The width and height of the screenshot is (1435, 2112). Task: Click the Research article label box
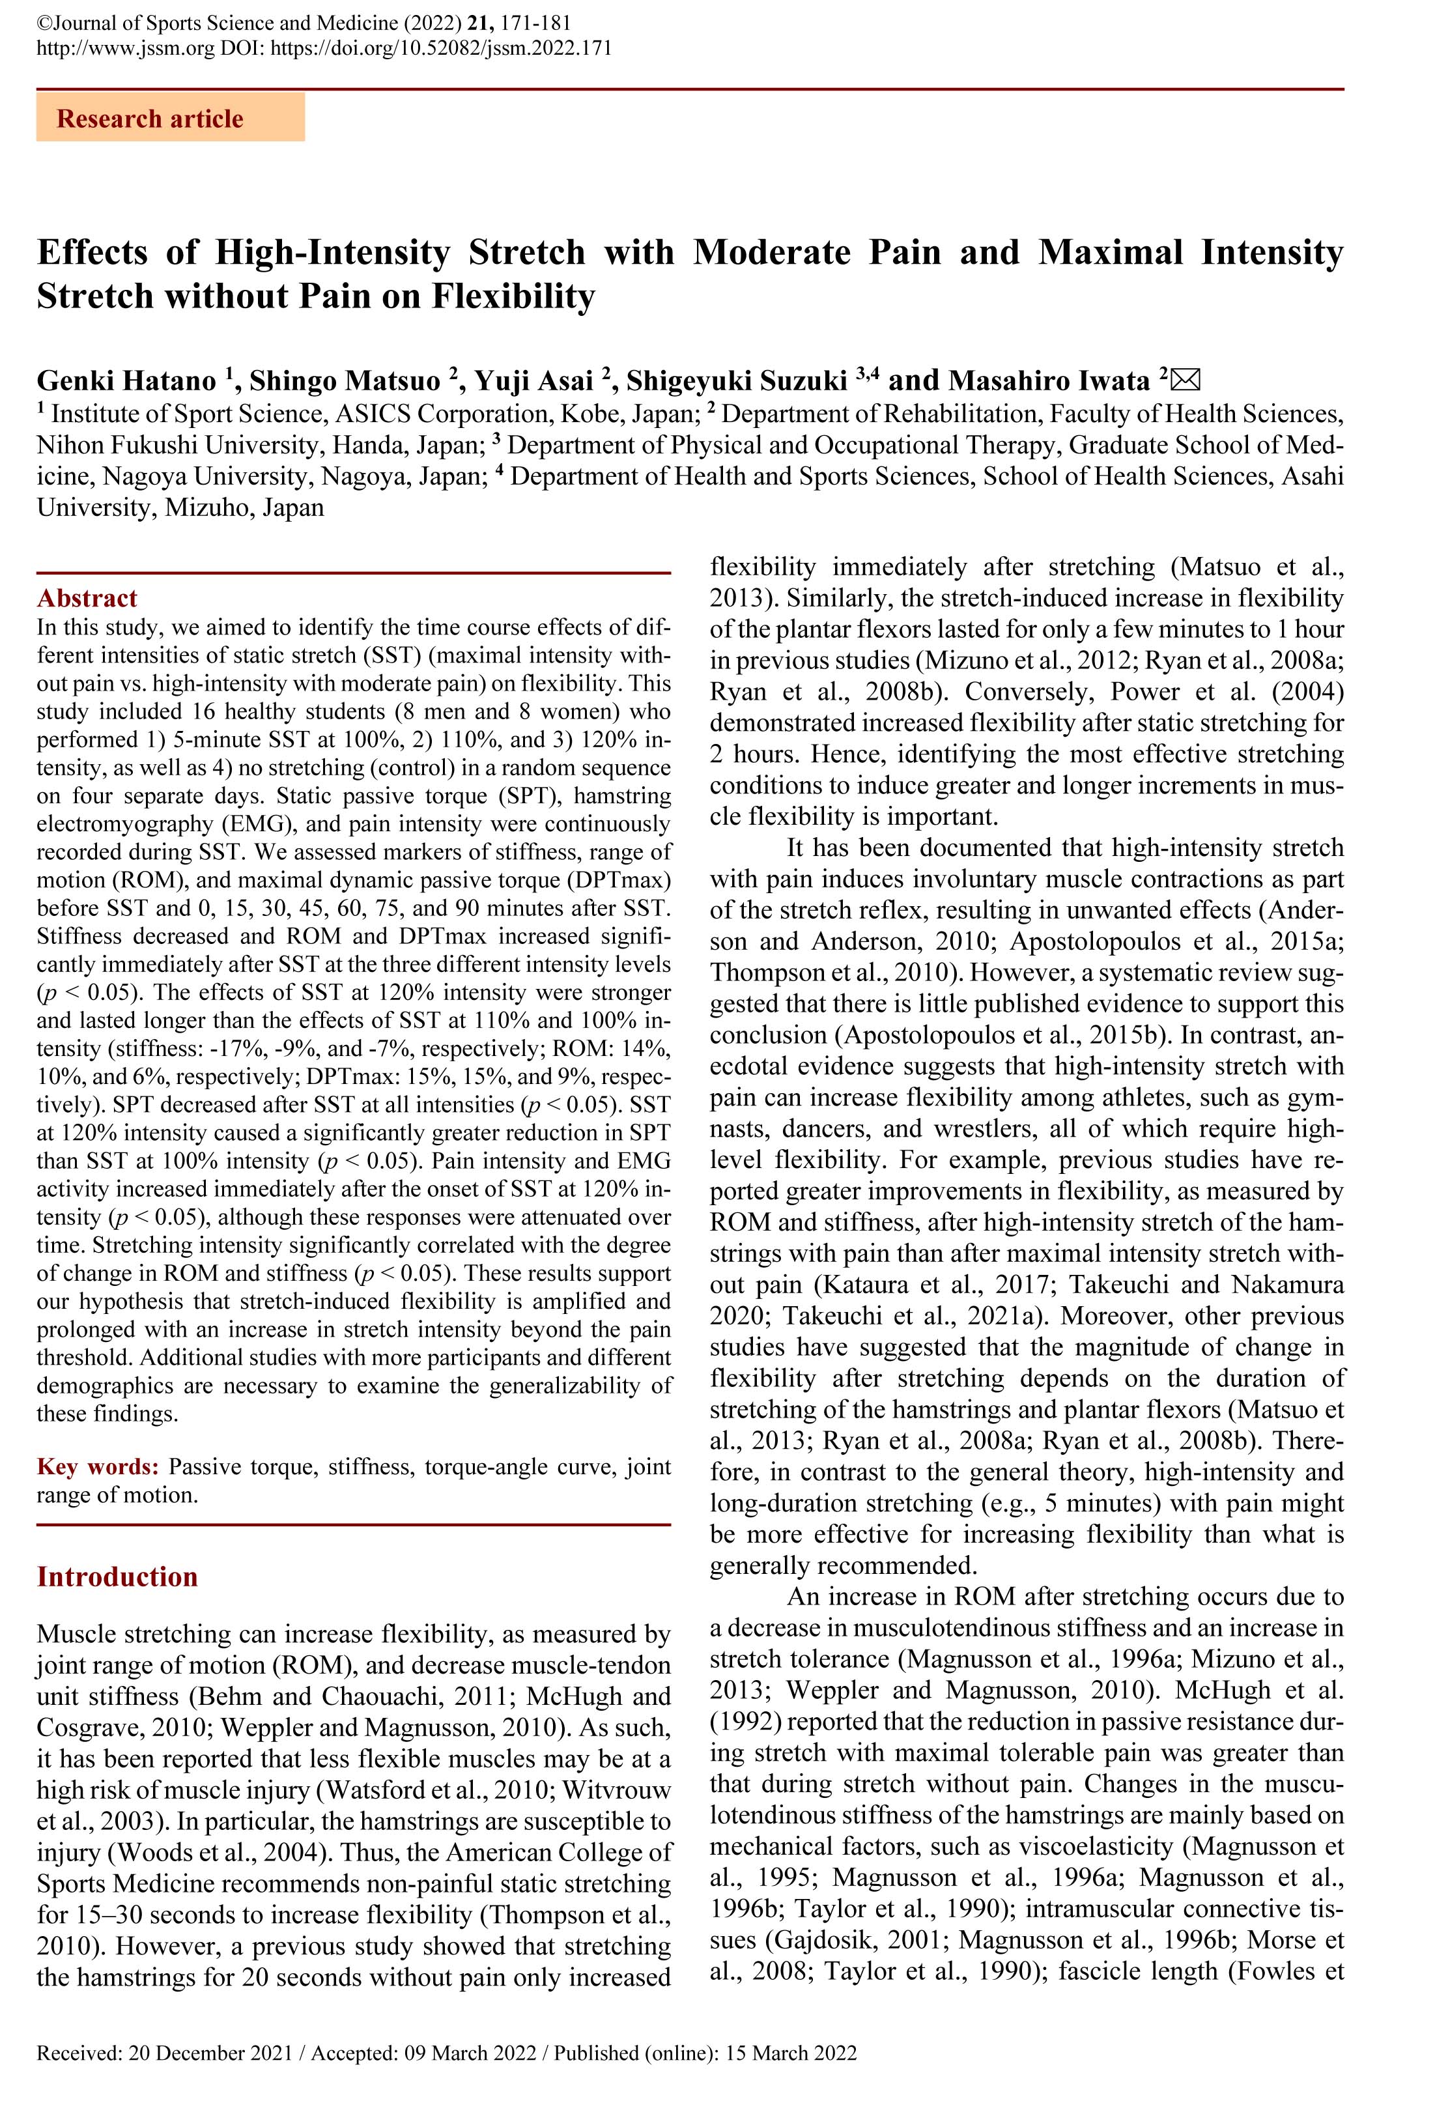click(x=170, y=118)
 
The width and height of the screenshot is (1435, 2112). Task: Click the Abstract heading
click(x=87, y=598)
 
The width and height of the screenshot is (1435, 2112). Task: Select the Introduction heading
click(x=117, y=1576)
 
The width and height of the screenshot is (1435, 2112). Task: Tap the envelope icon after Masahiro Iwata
click(x=1188, y=379)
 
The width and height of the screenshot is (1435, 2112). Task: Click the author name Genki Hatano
click(x=126, y=380)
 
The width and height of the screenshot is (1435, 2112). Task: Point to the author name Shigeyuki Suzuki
click(x=736, y=380)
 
